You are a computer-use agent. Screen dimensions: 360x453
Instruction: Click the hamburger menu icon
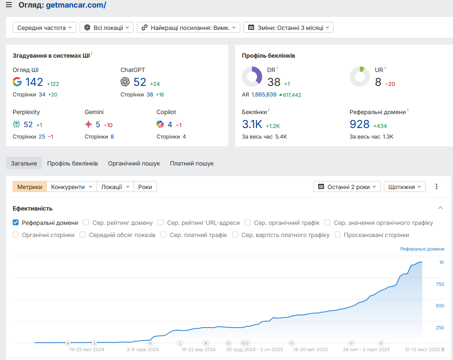(x=9, y=5)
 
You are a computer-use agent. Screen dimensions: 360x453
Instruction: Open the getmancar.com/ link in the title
(x=76, y=5)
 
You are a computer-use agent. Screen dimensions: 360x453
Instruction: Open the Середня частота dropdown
(x=44, y=27)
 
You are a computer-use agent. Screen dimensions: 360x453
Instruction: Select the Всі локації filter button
(x=107, y=27)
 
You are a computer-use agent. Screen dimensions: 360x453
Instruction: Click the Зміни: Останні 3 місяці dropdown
(x=289, y=27)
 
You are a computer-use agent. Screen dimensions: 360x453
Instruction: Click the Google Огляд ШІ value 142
(x=34, y=82)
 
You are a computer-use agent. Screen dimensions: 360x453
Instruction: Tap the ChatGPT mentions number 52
(x=140, y=82)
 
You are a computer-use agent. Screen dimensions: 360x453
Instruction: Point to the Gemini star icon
(x=88, y=124)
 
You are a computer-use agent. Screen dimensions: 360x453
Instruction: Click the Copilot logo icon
(x=160, y=124)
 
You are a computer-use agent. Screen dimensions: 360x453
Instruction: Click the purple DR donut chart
(x=252, y=77)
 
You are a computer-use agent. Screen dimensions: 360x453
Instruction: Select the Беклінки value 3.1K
(x=252, y=124)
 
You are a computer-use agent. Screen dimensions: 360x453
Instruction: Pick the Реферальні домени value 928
(x=359, y=124)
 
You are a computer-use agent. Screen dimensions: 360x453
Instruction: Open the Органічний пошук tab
(x=134, y=163)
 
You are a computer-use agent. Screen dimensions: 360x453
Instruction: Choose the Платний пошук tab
(x=192, y=163)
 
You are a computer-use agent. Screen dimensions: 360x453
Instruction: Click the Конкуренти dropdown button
(x=72, y=187)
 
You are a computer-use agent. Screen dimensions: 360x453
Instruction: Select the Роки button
(x=145, y=187)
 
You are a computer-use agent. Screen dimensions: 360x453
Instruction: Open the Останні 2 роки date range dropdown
(x=347, y=187)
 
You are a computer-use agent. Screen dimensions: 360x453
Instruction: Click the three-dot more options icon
(x=437, y=187)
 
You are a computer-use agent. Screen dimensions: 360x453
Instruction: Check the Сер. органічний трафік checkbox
(x=248, y=223)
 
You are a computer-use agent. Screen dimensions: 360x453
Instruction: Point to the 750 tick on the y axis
(x=440, y=284)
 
